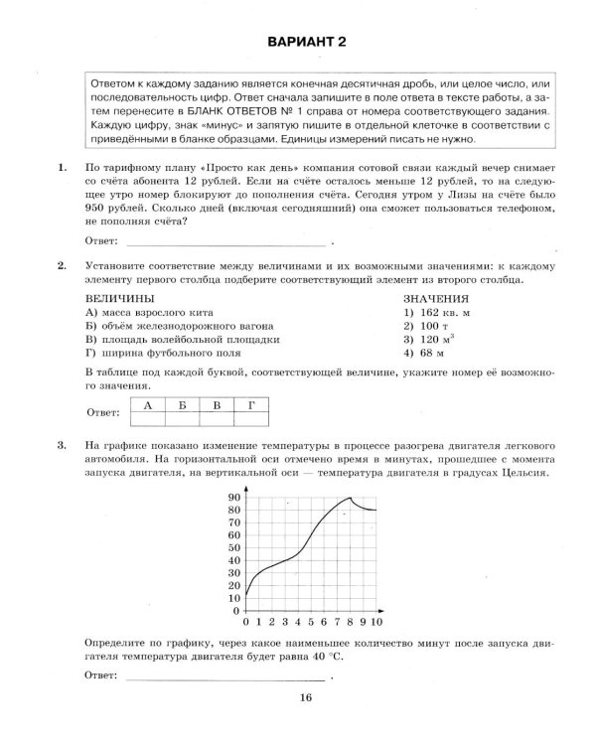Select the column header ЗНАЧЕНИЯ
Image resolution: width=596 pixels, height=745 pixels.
coord(436,298)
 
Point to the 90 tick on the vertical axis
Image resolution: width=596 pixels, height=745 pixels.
coord(235,497)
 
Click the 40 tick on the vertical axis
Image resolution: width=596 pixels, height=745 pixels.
coord(235,560)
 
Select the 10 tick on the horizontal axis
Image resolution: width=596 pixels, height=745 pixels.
coord(378,622)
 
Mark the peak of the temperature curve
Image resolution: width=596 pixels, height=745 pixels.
coord(352,498)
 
